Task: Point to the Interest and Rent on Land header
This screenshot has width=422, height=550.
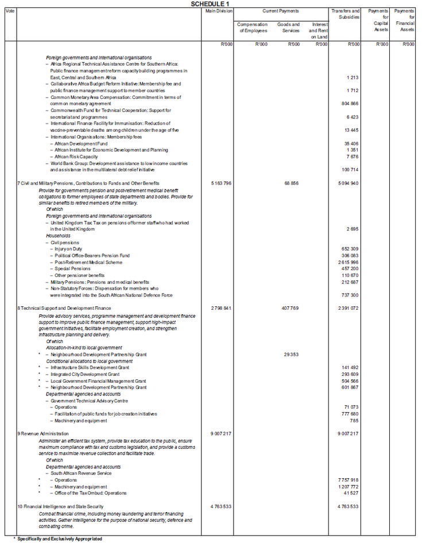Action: point(319,31)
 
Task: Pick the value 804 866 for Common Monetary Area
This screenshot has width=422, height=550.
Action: point(350,103)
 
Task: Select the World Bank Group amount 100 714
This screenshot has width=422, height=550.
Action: point(350,170)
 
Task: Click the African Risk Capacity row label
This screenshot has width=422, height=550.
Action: point(76,156)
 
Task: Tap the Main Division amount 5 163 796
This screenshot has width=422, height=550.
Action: point(219,183)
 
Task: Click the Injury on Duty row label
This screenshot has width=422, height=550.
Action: point(68,249)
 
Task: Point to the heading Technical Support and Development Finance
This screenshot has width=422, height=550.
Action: point(65,308)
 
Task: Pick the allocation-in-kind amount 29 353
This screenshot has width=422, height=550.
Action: point(291,355)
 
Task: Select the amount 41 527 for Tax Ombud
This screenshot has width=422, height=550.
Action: point(350,493)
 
